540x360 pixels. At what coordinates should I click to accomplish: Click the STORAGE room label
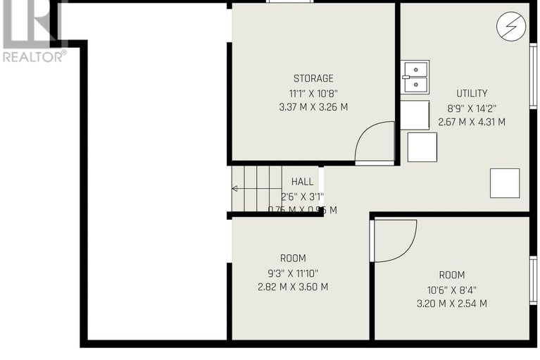[313, 78]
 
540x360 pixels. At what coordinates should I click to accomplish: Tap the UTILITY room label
[471, 93]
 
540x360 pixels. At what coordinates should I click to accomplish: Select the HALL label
[302, 182]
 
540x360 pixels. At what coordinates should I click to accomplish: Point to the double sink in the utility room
[415, 77]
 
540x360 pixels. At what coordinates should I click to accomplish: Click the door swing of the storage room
[375, 144]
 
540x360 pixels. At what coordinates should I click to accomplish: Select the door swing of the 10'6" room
[395, 240]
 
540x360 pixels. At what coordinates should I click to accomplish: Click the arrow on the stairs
[236, 188]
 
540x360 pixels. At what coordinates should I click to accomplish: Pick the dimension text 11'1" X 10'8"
[313, 93]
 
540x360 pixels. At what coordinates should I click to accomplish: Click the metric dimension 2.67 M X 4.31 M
[471, 122]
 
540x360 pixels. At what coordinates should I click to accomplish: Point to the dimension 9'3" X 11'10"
[292, 273]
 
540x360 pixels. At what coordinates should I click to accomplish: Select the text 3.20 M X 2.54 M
[452, 304]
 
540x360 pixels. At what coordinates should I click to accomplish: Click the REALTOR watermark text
[34, 56]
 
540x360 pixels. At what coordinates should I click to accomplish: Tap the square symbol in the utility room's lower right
[505, 183]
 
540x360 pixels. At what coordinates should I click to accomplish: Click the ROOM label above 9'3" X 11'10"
[292, 259]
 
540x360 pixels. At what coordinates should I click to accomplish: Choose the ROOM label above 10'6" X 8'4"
[452, 275]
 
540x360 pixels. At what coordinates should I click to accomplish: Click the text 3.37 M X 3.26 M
[313, 107]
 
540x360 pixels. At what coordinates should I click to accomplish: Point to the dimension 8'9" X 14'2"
[471, 108]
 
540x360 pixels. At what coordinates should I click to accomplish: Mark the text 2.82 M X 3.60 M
[292, 287]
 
